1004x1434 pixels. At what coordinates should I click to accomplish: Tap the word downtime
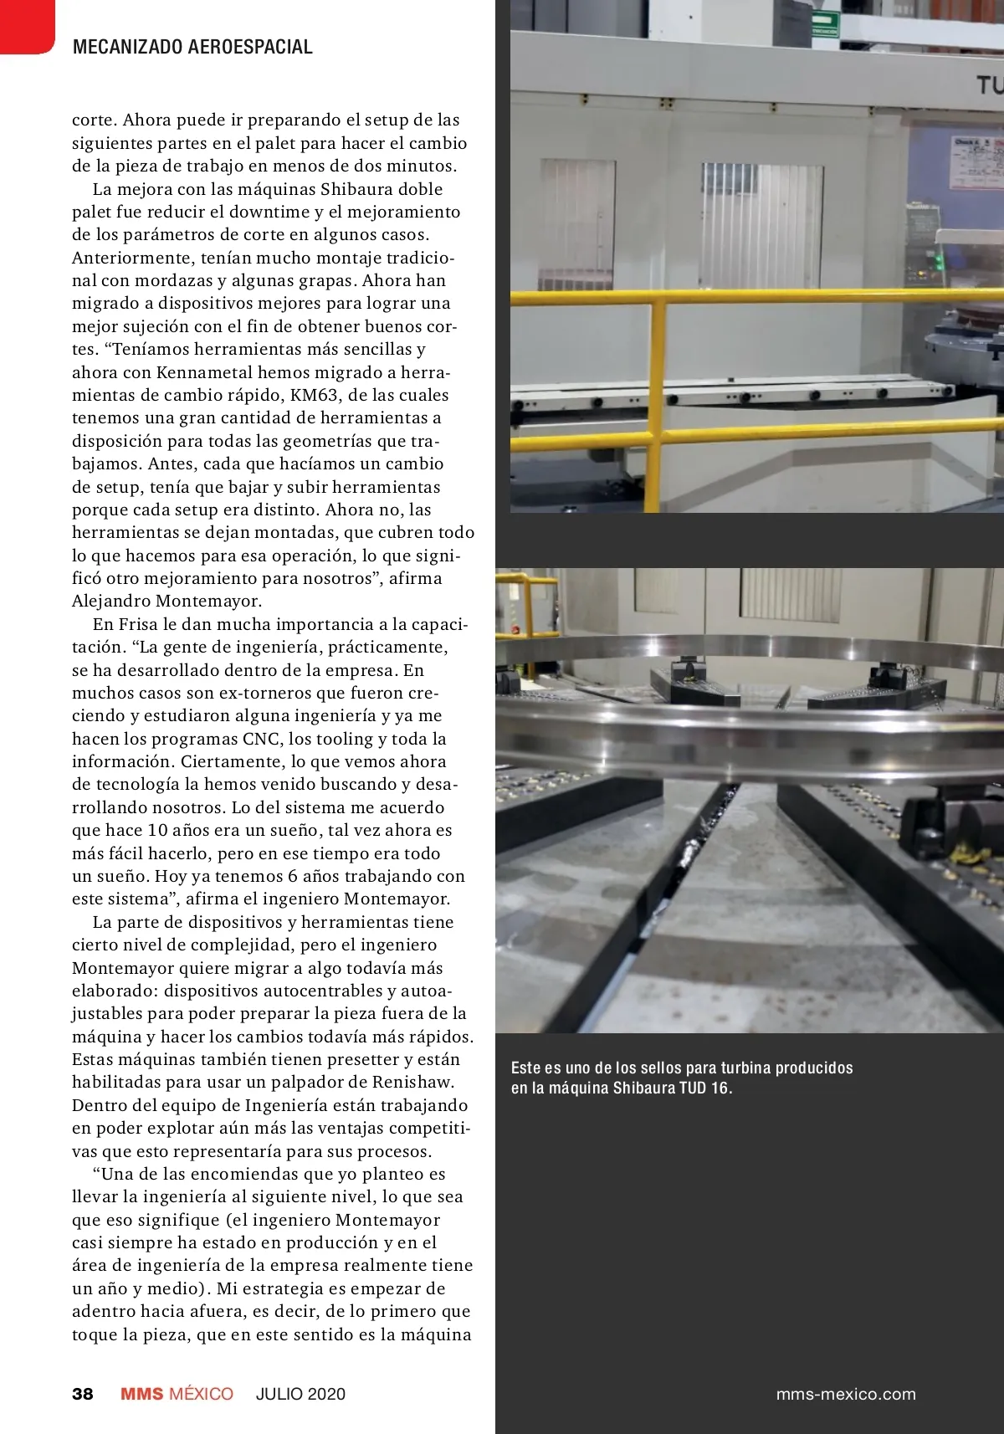pos(263,212)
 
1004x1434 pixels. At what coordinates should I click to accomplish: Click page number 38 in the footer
pos(83,1394)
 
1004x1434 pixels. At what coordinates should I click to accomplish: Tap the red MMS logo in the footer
pos(142,1394)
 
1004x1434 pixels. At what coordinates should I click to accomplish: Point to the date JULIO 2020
pos(300,1394)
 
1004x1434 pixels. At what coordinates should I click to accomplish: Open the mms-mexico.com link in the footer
pos(846,1394)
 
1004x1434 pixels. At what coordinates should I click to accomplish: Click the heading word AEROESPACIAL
pos(251,47)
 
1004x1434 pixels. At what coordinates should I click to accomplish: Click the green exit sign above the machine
pos(824,23)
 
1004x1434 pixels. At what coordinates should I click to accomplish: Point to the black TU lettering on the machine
pos(990,85)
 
